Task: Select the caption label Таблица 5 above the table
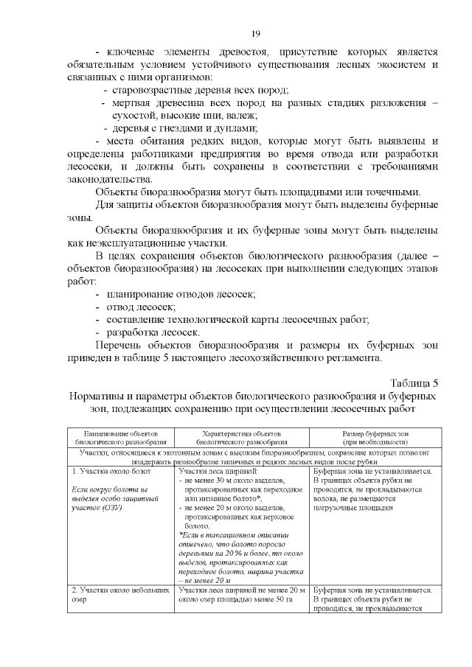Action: [x=413, y=383]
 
